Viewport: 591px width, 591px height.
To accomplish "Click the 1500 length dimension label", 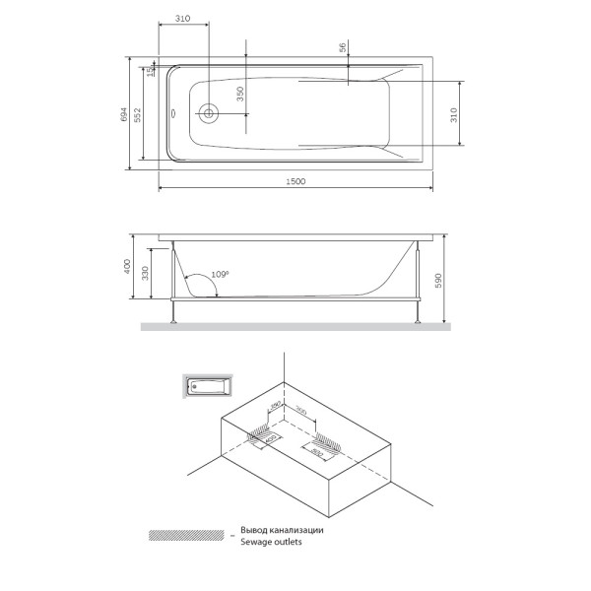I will [x=295, y=181].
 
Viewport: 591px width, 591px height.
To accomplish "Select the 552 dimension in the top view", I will [x=139, y=115].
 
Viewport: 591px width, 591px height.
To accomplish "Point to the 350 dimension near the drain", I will [x=238, y=96].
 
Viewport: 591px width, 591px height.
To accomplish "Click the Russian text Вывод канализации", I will [x=281, y=530].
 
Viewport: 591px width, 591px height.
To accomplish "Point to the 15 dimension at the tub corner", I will [x=150, y=71].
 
